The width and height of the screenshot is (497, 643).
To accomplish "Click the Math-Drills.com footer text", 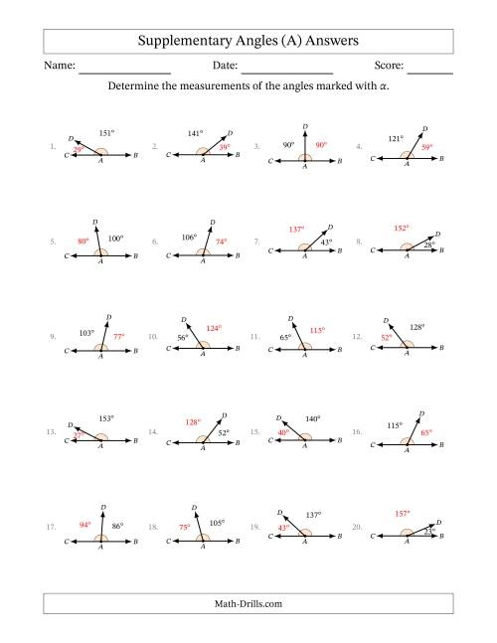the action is click(x=248, y=602).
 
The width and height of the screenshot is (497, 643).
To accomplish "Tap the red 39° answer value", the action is click(x=226, y=147).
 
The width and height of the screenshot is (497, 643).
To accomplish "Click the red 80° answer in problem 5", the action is click(x=83, y=240).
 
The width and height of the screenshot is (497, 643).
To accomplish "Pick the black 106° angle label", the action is click(x=190, y=237).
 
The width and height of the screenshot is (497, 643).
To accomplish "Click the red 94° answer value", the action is click(x=85, y=524).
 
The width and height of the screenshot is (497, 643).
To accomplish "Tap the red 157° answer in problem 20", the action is click(x=403, y=514).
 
